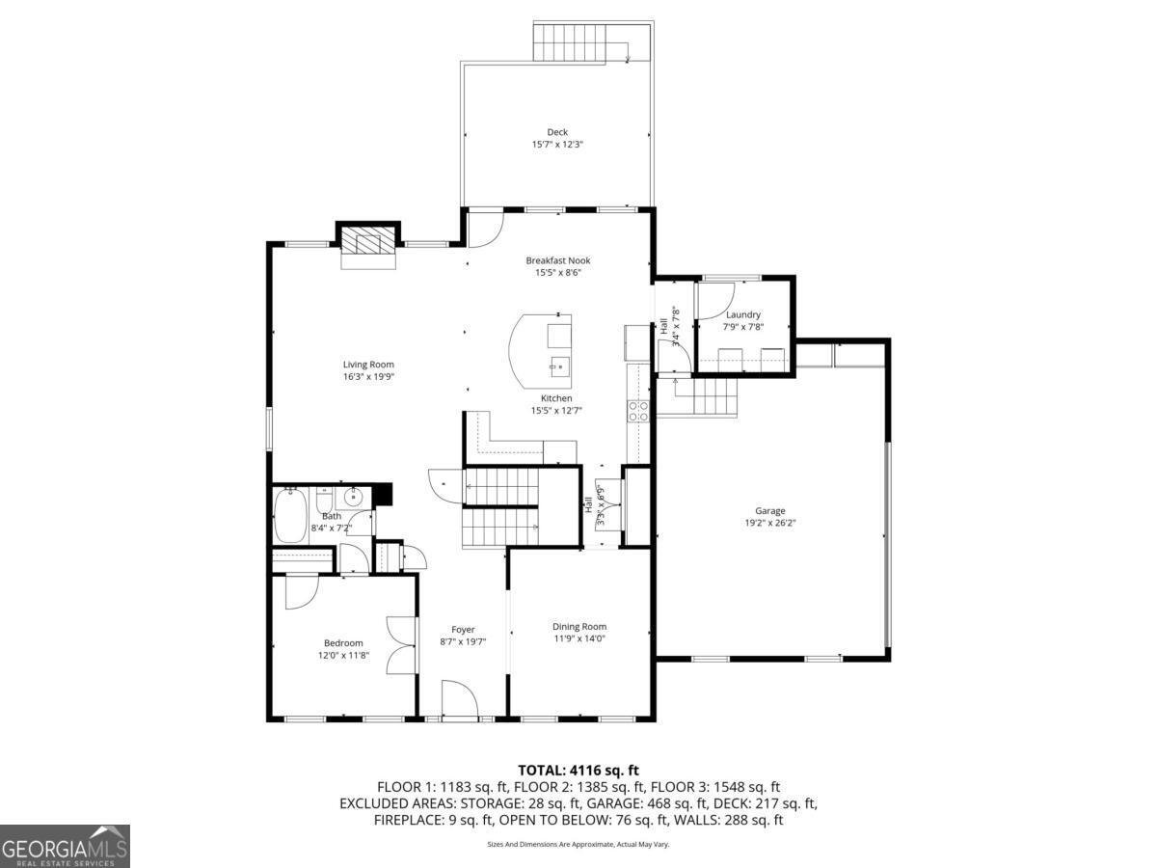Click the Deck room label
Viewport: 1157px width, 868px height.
coord(557,132)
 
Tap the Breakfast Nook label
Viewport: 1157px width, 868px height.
coord(557,260)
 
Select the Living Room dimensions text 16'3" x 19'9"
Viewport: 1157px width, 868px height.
coord(368,377)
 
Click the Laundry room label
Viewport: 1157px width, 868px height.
coord(743,314)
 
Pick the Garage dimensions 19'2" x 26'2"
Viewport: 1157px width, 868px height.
coord(769,523)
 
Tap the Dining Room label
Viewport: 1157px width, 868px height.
coord(579,626)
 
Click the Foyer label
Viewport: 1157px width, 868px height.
coord(463,630)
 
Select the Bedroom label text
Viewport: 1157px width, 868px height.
coord(342,643)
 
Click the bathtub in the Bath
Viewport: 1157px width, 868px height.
coord(290,516)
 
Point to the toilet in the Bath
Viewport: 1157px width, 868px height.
coord(324,502)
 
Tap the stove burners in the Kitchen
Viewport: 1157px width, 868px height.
coord(638,412)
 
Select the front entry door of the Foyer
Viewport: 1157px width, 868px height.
coord(459,701)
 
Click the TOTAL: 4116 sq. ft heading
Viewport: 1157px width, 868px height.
coord(578,770)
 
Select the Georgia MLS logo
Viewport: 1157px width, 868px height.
coord(65,846)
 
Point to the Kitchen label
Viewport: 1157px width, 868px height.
coord(556,398)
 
